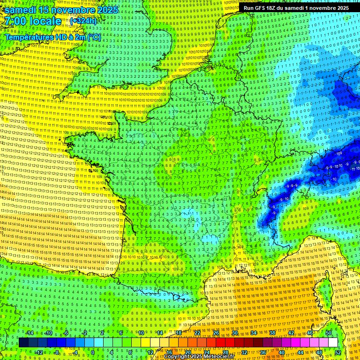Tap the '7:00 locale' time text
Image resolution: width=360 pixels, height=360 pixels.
pos(32,21)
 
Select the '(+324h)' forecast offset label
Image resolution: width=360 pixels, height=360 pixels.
pos(83,21)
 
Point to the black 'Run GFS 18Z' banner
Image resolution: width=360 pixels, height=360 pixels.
pos(296,8)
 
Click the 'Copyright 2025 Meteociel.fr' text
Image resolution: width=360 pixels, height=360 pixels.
pos(199,357)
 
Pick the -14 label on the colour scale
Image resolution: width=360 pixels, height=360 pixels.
pos(29,333)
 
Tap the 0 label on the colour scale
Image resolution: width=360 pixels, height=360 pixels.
pos(92,352)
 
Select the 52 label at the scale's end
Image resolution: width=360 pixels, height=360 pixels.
pos(338,352)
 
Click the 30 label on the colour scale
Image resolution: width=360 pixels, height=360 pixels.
pos(234,333)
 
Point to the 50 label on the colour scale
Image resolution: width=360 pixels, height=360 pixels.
pos(328,333)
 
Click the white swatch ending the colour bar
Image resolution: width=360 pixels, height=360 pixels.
pos(333,343)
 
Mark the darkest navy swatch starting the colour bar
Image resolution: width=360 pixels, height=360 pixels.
pos(23,343)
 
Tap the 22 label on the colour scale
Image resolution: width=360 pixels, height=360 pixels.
pos(197,333)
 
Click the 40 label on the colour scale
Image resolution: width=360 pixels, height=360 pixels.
pos(281,352)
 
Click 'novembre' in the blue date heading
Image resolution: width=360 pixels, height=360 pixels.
pos(68,10)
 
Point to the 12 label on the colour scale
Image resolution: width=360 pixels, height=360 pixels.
pos(150,352)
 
